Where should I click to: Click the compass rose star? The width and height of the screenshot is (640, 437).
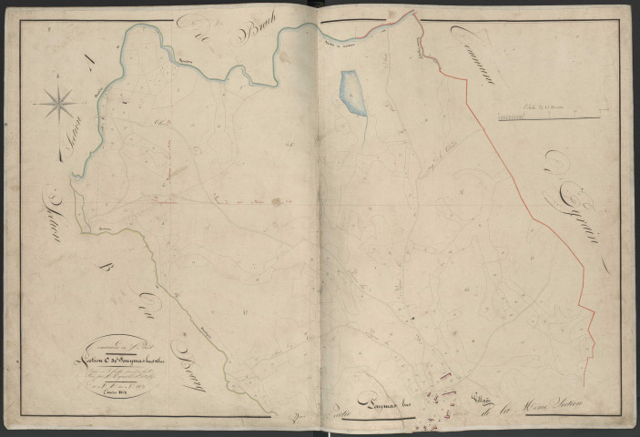point(60,103)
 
